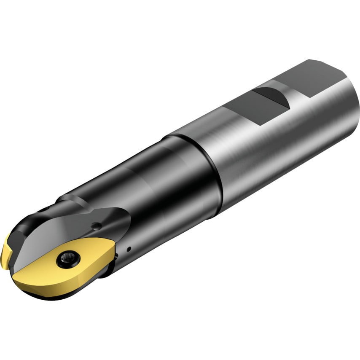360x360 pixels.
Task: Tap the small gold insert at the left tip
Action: tap(7, 253)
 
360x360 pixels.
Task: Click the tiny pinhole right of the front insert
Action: tap(131, 248)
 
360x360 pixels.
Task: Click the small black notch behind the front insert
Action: tap(119, 252)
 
